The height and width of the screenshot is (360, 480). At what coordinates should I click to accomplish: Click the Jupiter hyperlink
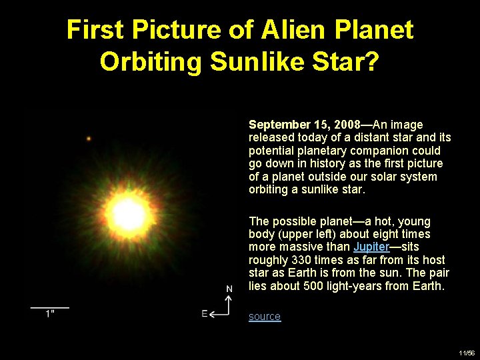(371, 247)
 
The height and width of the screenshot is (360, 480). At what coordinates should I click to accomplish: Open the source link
(265, 317)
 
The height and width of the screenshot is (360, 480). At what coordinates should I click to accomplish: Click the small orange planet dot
(89, 139)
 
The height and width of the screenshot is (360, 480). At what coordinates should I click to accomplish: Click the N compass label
(229, 289)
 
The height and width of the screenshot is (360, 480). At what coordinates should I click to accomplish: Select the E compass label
(205, 314)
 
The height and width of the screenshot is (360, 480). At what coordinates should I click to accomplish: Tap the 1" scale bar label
(50, 315)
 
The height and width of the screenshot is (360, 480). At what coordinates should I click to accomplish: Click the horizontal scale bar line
(50, 307)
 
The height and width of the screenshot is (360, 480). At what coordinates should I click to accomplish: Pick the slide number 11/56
(466, 353)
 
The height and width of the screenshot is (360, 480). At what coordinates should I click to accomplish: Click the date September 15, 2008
(304, 125)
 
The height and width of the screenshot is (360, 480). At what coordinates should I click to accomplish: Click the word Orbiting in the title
(151, 61)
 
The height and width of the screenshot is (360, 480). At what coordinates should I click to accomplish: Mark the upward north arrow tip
(229, 297)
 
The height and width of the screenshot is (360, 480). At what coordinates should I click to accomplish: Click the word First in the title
(95, 30)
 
